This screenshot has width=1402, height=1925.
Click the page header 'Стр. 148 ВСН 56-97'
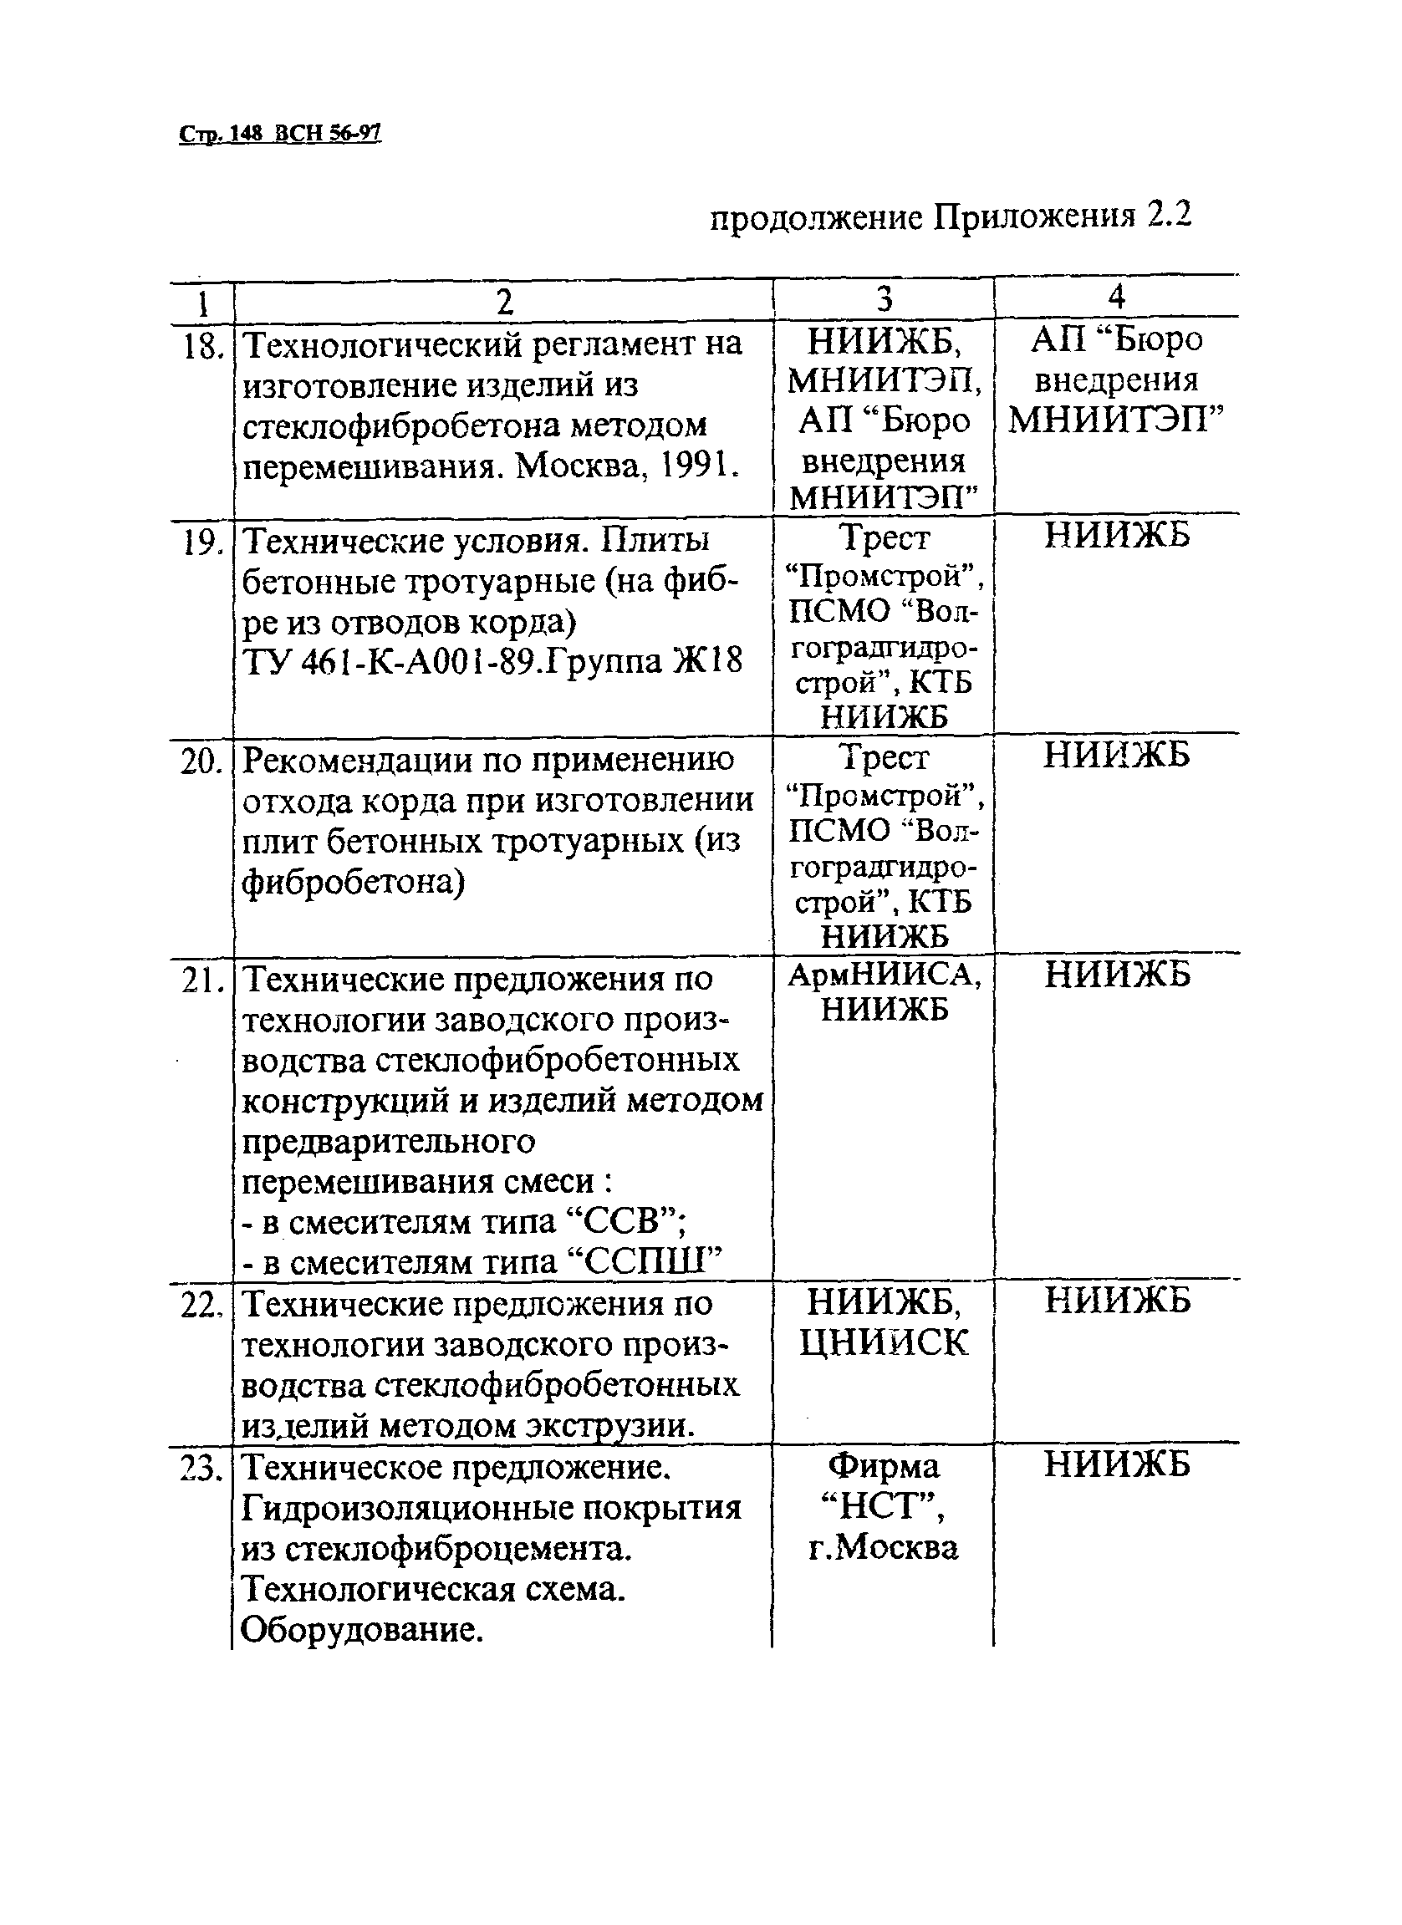280,134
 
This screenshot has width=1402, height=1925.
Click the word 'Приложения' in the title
1034,217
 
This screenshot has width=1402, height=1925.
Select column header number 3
885,298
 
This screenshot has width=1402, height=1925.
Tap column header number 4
1117,296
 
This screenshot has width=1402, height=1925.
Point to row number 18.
203,345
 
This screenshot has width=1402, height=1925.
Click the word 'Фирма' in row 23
885,1466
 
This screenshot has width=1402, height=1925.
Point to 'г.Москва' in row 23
885,1547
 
